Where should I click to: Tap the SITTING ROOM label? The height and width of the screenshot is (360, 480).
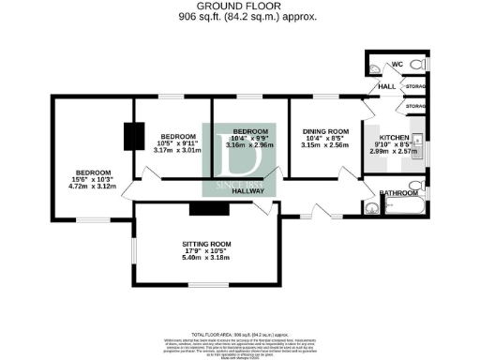(x=205, y=244)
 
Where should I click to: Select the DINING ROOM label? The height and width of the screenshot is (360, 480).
(x=324, y=130)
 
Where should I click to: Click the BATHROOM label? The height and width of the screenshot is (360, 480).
(x=397, y=196)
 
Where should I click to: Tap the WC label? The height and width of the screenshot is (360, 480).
(x=397, y=64)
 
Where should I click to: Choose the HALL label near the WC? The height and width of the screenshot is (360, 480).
(x=385, y=86)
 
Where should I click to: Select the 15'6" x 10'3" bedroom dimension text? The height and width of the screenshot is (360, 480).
(x=93, y=180)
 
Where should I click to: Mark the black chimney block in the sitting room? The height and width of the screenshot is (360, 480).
(x=203, y=209)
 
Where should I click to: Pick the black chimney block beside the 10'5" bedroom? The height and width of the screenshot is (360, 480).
(x=133, y=137)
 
